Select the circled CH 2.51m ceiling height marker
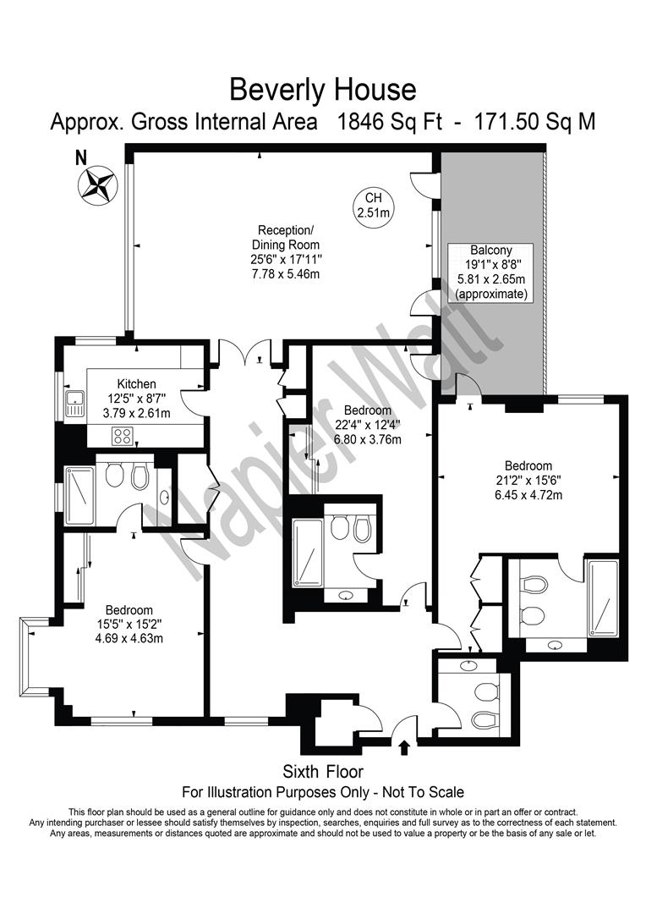coord(373,205)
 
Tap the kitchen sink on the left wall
coord(74,405)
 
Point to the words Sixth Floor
coord(323,772)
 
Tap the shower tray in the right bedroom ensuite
coord(602,597)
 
